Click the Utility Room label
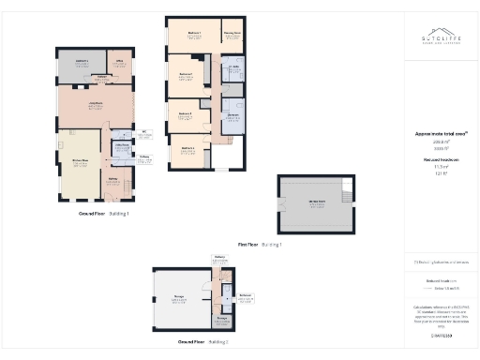(x=121, y=146)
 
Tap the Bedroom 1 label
(x=194, y=35)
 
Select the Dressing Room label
(x=232, y=35)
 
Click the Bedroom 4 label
(x=187, y=148)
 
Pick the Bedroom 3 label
(x=186, y=114)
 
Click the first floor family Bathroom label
(x=232, y=116)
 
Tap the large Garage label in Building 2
(x=178, y=297)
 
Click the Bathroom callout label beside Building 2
(x=245, y=297)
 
